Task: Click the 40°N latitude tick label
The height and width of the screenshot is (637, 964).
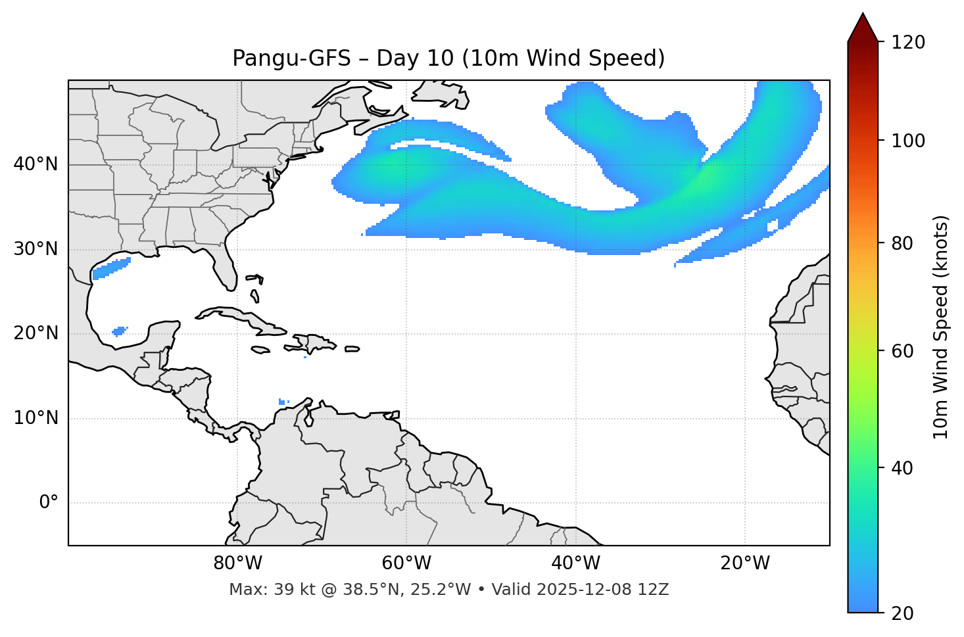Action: [x=36, y=164]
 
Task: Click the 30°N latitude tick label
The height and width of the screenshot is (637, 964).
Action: [x=36, y=249]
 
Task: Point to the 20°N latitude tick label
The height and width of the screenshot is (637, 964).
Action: [x=36, y=333]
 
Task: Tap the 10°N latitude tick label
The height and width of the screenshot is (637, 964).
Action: [x=36, y=418]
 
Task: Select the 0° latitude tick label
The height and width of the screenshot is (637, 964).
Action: [x=49, y=503]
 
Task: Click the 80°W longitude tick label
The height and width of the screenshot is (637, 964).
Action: [x=237, y=563]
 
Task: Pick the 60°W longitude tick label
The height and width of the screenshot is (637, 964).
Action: [x=406, y=563]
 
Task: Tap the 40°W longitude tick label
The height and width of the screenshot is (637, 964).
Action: [x=575, y=563]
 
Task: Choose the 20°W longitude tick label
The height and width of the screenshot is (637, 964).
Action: [x=745, y=563]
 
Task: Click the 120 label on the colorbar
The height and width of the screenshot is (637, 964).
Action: [x=908, y=42]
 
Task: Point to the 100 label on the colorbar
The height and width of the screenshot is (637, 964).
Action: [x=908, y=141]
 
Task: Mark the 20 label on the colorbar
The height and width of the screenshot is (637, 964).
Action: [x=904, y=613]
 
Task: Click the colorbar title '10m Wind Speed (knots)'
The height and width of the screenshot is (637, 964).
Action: [x=941, y=327]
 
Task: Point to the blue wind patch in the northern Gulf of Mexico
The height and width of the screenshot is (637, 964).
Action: [x=110, y=268]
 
